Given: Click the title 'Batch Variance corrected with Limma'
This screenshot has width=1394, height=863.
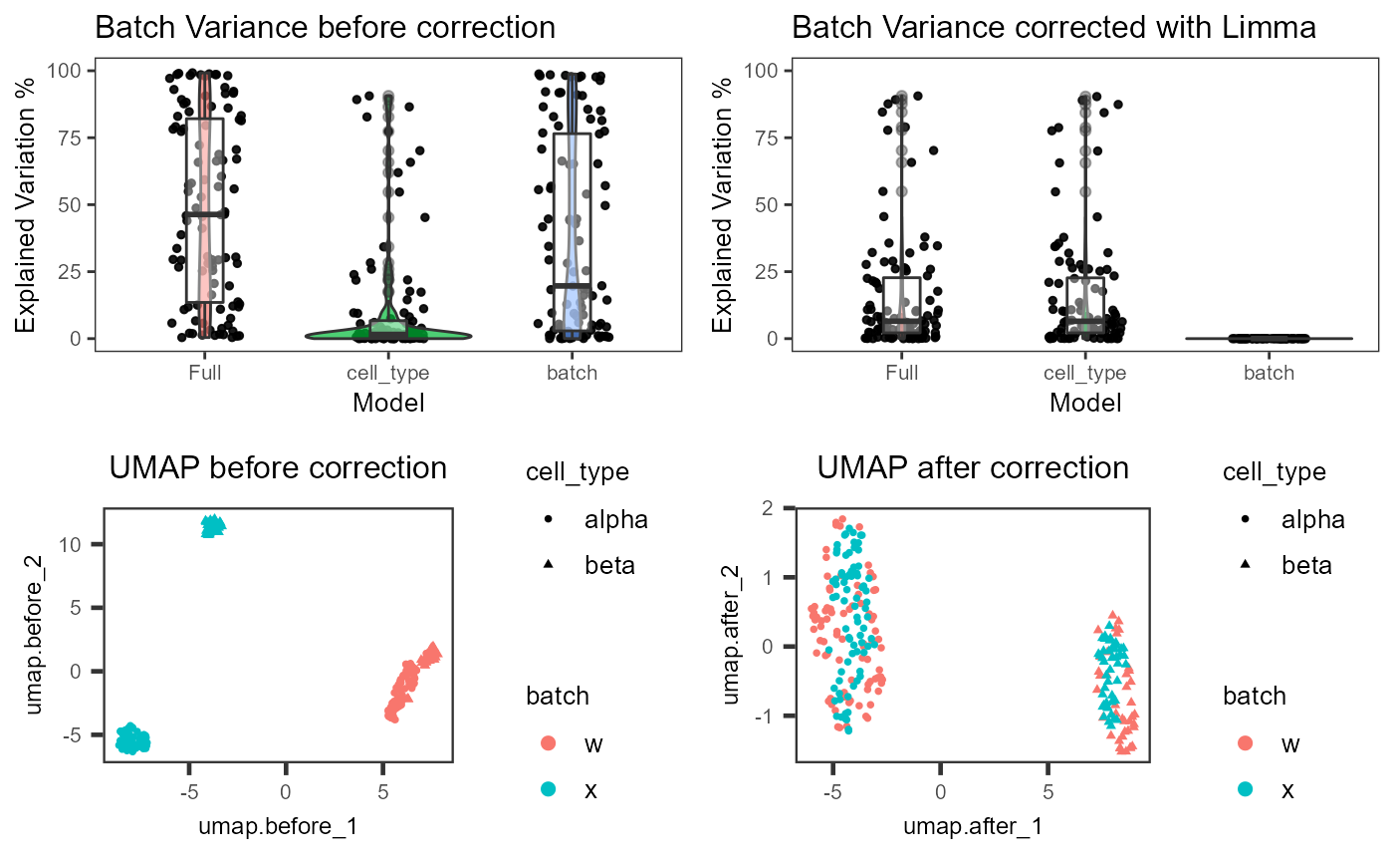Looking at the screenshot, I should [x=1053, y=27].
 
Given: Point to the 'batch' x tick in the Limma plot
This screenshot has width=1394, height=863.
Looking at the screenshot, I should [x=1270, y=373].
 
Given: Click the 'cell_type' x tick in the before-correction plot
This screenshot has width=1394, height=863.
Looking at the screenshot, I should [x=388, y=373].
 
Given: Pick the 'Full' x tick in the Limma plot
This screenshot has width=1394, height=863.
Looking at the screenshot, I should [x=901, y=373].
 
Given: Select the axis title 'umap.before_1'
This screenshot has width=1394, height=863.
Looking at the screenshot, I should [x=279, y=826].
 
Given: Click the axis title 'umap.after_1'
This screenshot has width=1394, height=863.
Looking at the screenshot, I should [x=973, y=826].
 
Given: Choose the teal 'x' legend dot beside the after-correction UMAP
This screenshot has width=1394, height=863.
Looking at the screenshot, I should [x=1246, y=790].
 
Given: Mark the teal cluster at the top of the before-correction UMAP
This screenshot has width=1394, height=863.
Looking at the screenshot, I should [x=213, y=525].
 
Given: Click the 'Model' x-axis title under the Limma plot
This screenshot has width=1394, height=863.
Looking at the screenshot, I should [x=1085, y=403].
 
